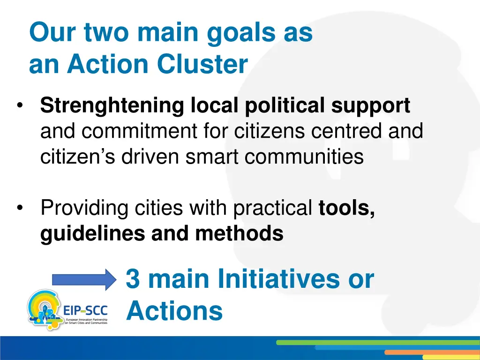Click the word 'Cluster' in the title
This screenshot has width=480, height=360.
(202, 65)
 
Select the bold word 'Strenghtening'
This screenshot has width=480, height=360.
(112, 106)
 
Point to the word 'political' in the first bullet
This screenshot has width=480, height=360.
(285, 106)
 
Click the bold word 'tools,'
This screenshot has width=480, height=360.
(346, 208)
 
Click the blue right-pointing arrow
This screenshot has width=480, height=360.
(83, 280)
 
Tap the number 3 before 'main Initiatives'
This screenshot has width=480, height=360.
(133, 279)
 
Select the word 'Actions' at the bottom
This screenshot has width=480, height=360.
(174, 311)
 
